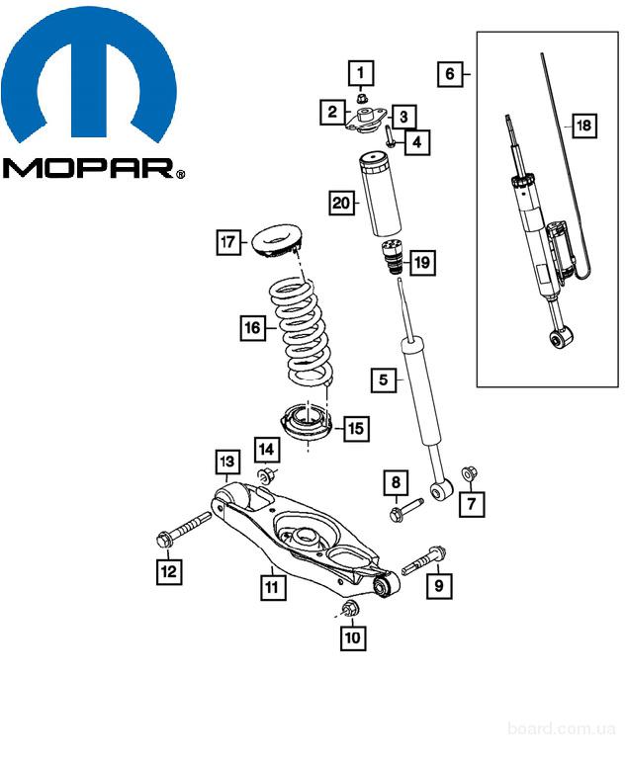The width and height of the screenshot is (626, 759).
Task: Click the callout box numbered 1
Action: (361, 72)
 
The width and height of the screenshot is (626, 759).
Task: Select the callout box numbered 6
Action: (450, 73)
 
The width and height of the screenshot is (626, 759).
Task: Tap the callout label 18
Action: (583, 126)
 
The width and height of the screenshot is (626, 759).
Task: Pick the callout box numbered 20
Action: (340, 204)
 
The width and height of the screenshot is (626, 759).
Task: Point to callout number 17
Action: (228, 241)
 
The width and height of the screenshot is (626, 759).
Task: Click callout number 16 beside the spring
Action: (252, 327)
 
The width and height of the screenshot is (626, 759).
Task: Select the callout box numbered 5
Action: (385, 379)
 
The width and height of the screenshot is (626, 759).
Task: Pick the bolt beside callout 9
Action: (425, 560)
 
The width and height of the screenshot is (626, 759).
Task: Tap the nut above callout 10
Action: (349, 607)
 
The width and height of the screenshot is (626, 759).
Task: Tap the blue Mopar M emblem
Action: (89, 79)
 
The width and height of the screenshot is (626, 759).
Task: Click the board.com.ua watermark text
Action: (560, 727)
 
